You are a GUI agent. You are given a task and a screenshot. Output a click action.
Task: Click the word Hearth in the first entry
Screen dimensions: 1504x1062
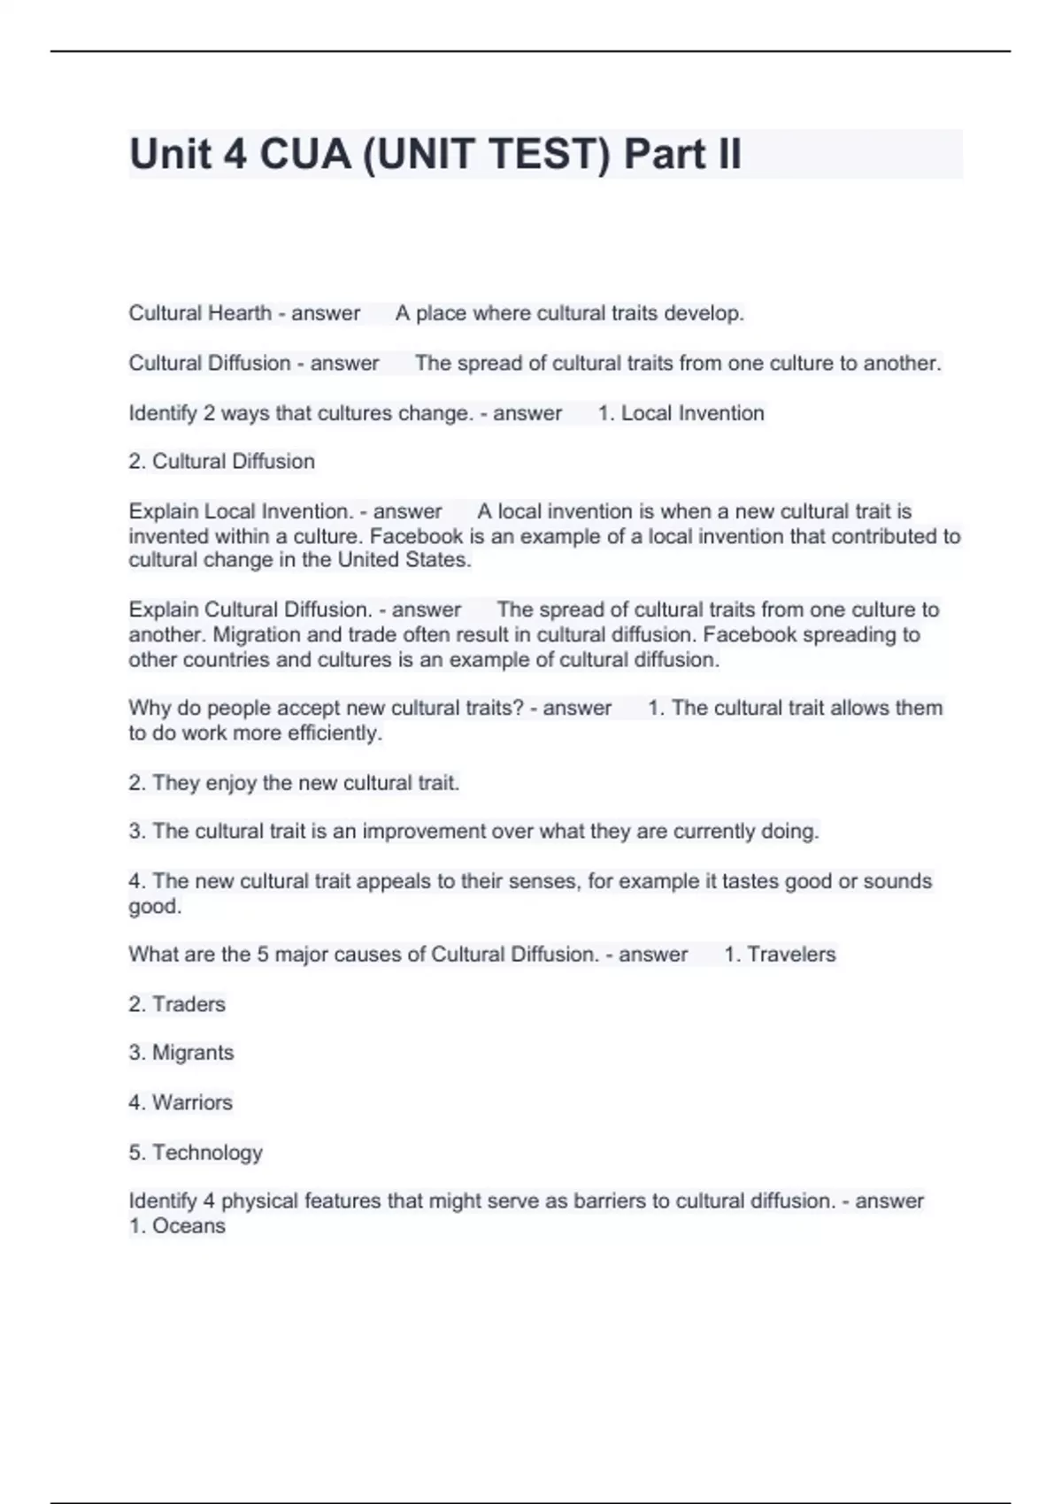coord(241,313)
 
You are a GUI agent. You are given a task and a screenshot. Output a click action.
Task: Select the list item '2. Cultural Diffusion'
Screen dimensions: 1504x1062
coord(221,461)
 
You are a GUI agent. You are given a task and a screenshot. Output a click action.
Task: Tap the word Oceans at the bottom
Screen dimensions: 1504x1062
coord(189,1225)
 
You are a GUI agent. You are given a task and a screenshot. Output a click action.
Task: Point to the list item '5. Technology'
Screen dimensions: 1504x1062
coord(196,1152)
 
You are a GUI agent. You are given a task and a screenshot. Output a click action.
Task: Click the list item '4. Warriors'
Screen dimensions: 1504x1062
coord(181,1102)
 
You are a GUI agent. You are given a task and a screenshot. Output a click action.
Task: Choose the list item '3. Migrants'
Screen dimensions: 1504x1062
coord(181,1053)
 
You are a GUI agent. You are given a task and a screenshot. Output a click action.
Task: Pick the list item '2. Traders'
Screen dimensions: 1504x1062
coord(177,1004)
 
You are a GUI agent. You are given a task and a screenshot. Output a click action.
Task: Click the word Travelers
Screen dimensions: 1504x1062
coord(791,955)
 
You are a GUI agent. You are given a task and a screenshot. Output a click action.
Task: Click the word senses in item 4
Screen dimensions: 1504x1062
coord(545,881)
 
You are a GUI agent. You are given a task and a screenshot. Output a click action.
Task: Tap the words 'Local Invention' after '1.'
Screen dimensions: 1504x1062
coord(692,413)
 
